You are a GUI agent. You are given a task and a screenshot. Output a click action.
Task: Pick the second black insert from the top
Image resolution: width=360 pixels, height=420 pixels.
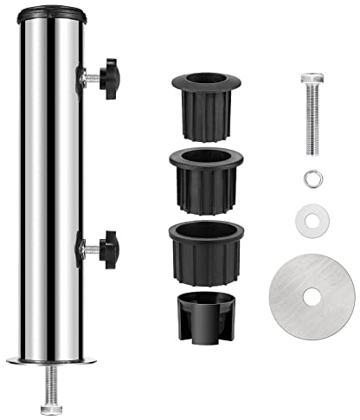pyautogui.click(x=205, y=178)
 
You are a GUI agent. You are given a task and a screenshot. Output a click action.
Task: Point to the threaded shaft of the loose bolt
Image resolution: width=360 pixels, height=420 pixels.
pyautogui.click(x=312, y=121)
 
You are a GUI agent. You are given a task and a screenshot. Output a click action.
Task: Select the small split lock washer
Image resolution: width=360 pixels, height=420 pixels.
pyautogui.click(x=312, y=179)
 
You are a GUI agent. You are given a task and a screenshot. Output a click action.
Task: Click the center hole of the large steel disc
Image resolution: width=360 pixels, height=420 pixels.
pyautogui.click(x=312, y=297)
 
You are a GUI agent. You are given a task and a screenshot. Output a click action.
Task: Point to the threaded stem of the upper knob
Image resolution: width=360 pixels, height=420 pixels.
pyautogui.click(x=87, y=79)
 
